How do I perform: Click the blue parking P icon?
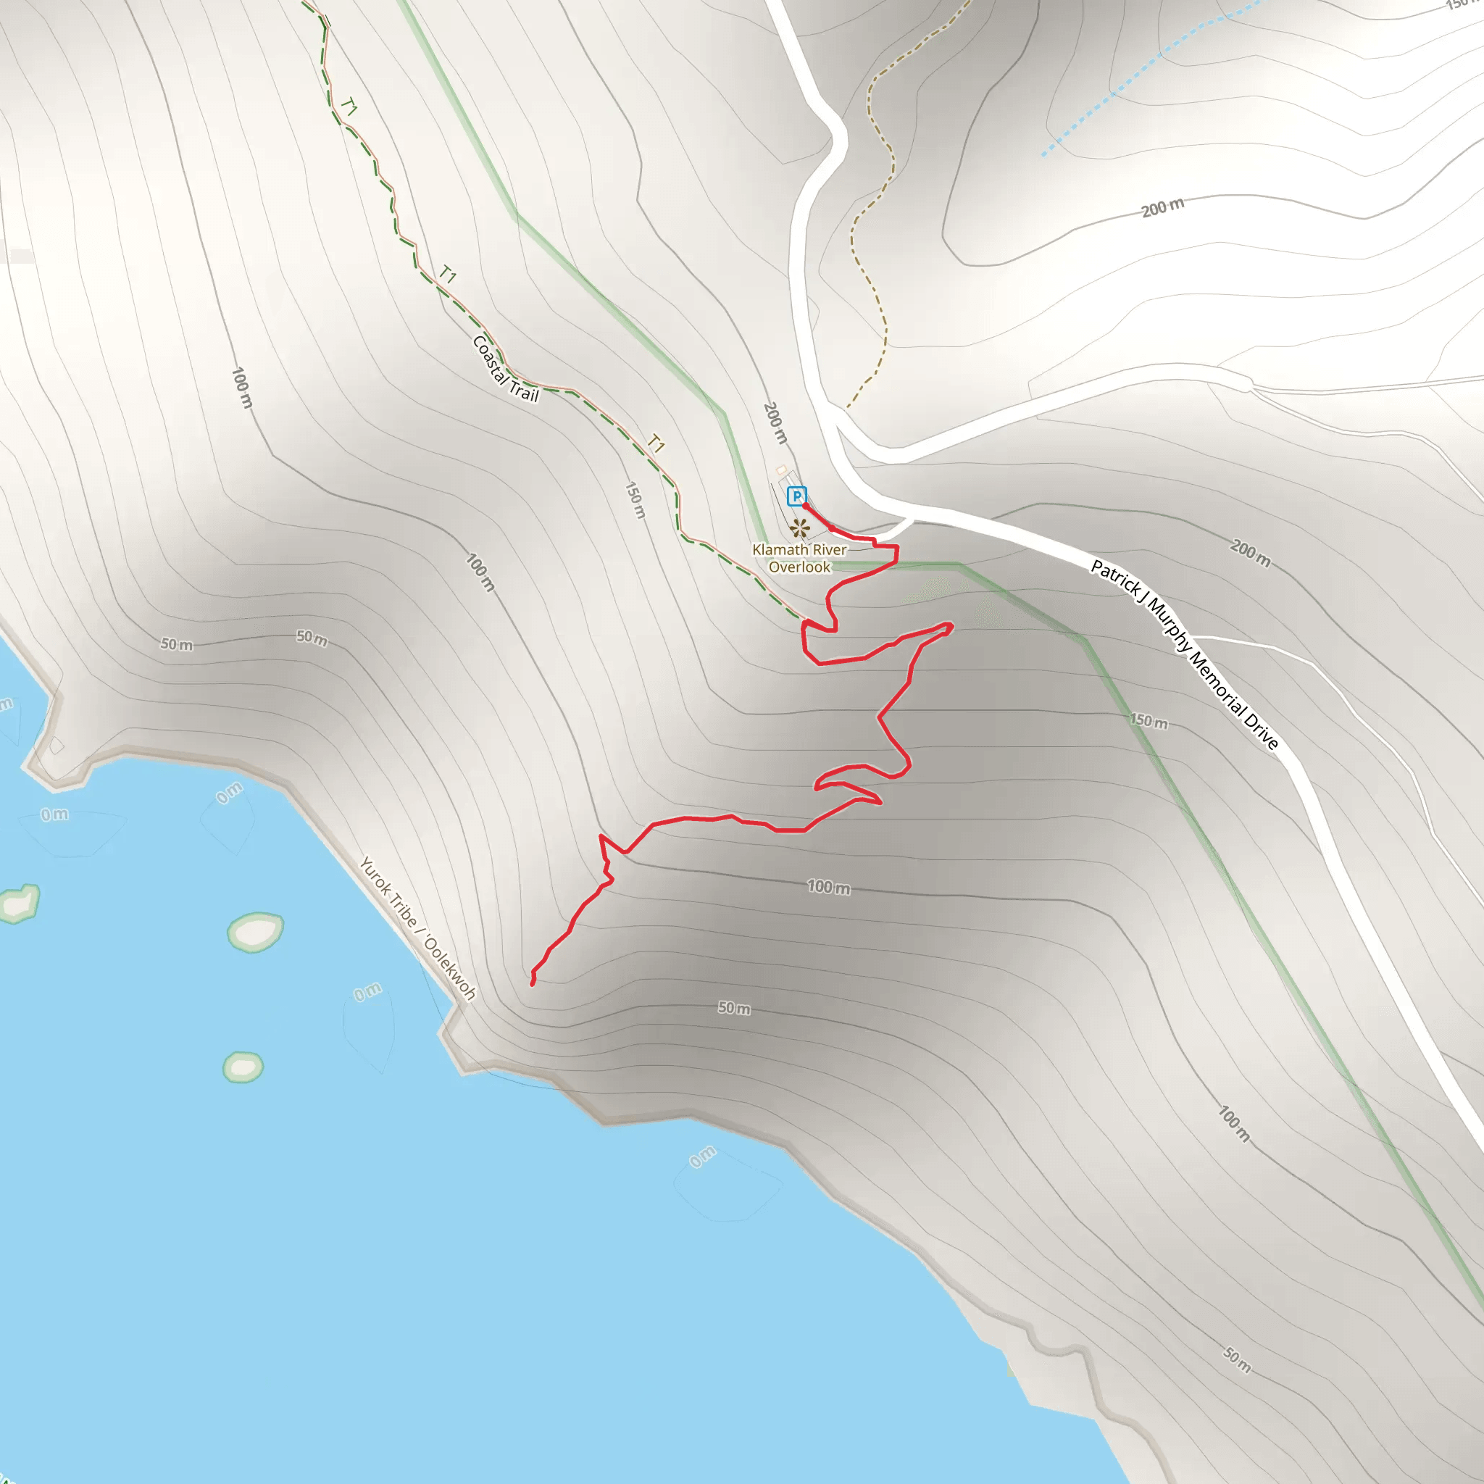coord(796,496)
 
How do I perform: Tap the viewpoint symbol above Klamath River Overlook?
coord(800,528)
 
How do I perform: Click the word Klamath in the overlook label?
coord(779,550)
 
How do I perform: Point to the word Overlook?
coord(800,567)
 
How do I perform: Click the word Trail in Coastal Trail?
coord(525,393)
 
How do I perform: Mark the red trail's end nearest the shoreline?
coord(533,984)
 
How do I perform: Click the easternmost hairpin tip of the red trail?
coord(952,625)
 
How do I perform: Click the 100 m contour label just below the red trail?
coord(828,887)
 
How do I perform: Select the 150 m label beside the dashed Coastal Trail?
coord(635,499)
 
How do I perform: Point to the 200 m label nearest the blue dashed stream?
coord(1162,207)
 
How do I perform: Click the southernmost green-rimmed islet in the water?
coord(243,1067)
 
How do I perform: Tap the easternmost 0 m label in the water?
coord(702,1156)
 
